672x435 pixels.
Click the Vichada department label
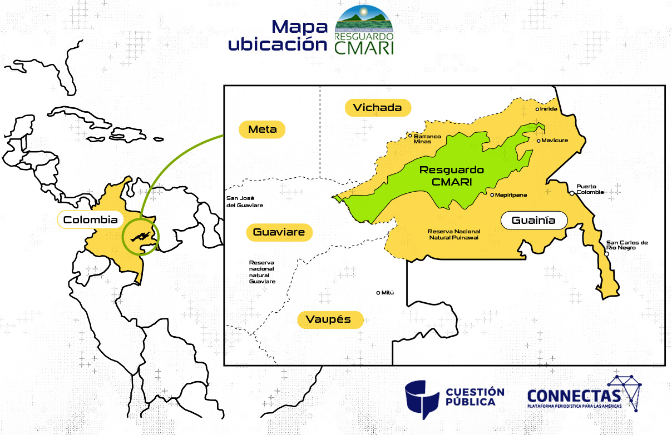click(377, 107)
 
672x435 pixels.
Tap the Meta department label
click(261, 129)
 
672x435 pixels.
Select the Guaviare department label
click(279, 232)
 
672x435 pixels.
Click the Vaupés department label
click(330, 319)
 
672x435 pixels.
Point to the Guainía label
click(533, 221)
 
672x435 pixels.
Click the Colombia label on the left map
click(90, 220)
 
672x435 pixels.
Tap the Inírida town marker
click(537, 109)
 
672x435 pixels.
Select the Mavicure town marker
click(538, 141)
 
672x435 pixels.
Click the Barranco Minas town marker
click(410, 136)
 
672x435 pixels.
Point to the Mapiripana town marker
click(492, 195)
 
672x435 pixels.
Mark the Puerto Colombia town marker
click(571, 193)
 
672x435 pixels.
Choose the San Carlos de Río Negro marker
click(606, 253)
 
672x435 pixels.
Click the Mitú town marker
click(378, 293)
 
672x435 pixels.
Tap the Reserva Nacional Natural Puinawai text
click(453, 234)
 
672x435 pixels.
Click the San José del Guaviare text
click(244, 202)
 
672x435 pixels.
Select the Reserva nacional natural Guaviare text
click(262, 272)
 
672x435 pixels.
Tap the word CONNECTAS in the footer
click(573, 396)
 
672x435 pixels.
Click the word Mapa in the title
click(298, 26)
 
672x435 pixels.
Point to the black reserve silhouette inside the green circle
click(140, 236)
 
